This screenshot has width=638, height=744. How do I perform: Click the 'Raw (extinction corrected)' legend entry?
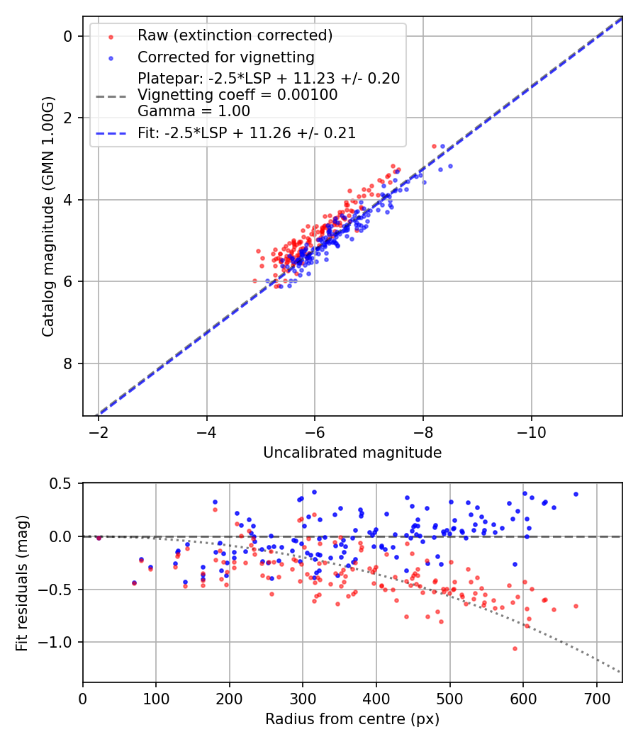235,35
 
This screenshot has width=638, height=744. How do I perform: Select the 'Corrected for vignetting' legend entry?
225,57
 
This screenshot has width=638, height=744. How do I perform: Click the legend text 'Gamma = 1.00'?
194,111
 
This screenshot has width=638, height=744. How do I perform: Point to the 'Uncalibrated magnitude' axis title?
352,453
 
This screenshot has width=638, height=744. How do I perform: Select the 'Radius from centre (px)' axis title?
352,719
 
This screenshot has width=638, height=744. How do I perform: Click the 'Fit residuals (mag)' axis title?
22,582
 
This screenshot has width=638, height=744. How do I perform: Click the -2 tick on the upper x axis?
99,432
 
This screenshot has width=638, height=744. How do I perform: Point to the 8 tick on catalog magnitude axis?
69,363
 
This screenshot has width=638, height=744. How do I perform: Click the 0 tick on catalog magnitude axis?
69,36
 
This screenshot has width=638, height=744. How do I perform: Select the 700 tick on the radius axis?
596,699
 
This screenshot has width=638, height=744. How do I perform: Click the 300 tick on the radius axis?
303,699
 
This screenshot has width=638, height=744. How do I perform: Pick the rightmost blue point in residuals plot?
576,494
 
